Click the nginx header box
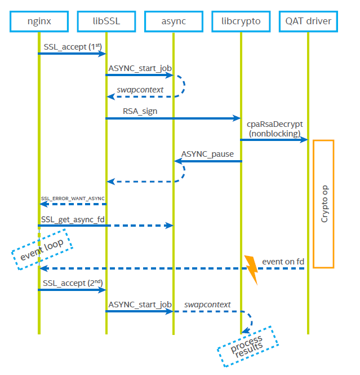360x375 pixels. pyautogui.click(x=38, y=22)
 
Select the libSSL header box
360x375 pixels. pyautogui.click(x=106, y=22)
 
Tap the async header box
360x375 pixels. pyautogui.click(x=173, y=22)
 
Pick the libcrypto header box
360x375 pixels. pyautogui.click(x=241, y=22)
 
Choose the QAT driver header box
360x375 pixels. pyautogui.click(x=308, y=22)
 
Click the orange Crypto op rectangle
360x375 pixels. pyautogui.click(x=323, y=204)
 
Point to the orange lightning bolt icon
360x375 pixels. pyautogui.click(x=251, y=270)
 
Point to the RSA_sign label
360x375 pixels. pyautogui.click(x=140, y=111)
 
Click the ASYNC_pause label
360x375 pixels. pyautogui.click(x=207, y=153)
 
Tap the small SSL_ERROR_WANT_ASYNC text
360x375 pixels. pyautogui.click(x=73, y=198)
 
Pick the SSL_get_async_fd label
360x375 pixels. pyautogui.click(x=72, y=218)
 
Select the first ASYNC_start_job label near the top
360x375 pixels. pyautogui.click(x=140, y=68)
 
